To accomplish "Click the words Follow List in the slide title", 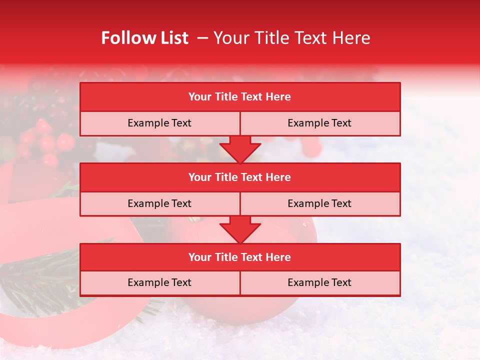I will pyautogui.click(x=144, y=38).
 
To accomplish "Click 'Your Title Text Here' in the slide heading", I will pyautogui.click(x=291, y=38).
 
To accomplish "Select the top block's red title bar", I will pyautogui.click(x=240, y=97).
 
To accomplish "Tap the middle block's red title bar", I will pyautogui.click(x=240, y=177).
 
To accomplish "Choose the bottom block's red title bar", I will pyautogui.click(x=240, y=257).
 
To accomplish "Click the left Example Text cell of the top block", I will pyautogui.click(x=159, y=123).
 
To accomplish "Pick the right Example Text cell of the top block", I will pyautogui.click(x=320, y=123).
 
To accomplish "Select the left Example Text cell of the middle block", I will pyautogui.click(x=159, y=204).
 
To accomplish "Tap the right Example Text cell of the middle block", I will pyautogui.click(x=320, y=204).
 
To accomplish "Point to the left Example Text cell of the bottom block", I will pyautogui.click(x=159, y=283).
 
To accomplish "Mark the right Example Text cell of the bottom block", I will pyautogui.click(x=320, y=283).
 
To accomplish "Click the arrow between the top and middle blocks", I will pyautogui.click(x=240, y=149).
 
